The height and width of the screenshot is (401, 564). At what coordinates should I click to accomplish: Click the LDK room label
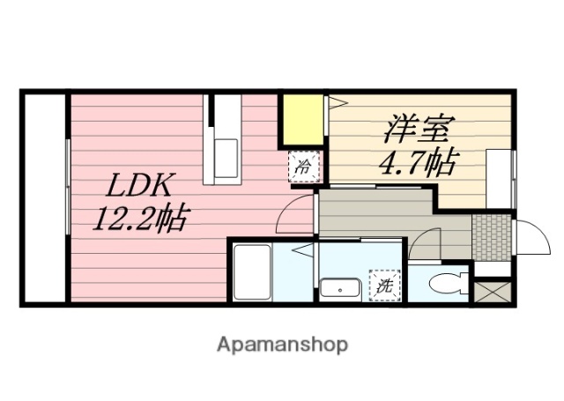(x=143, y=188)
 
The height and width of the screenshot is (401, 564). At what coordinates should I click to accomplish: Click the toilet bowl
(x=444, y=284)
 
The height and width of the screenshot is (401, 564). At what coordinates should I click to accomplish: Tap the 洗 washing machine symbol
(x=384, y=285)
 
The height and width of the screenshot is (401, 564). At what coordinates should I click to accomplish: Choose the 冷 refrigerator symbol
(x=304, y=165)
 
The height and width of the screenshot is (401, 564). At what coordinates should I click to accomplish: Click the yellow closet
(x=303, y=121)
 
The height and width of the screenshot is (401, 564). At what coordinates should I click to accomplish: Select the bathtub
(x=252, y=274)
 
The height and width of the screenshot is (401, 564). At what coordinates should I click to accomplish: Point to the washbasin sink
(x=338, y=288)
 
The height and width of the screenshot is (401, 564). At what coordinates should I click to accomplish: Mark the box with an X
(x=493, y=291)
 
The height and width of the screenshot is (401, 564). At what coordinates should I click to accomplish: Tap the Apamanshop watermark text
(x=282, y=343)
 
